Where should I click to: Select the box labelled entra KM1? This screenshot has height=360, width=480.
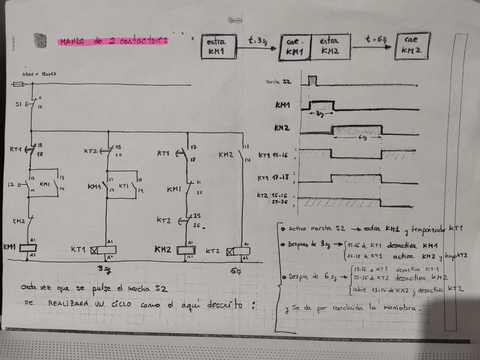(218, 46)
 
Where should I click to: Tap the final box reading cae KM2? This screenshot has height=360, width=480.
(413, 46)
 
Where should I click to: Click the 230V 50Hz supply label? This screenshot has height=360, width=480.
(38, 74)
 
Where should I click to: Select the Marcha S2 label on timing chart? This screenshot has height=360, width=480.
(278, 83)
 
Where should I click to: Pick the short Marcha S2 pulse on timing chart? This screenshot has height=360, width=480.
(312, 80)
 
